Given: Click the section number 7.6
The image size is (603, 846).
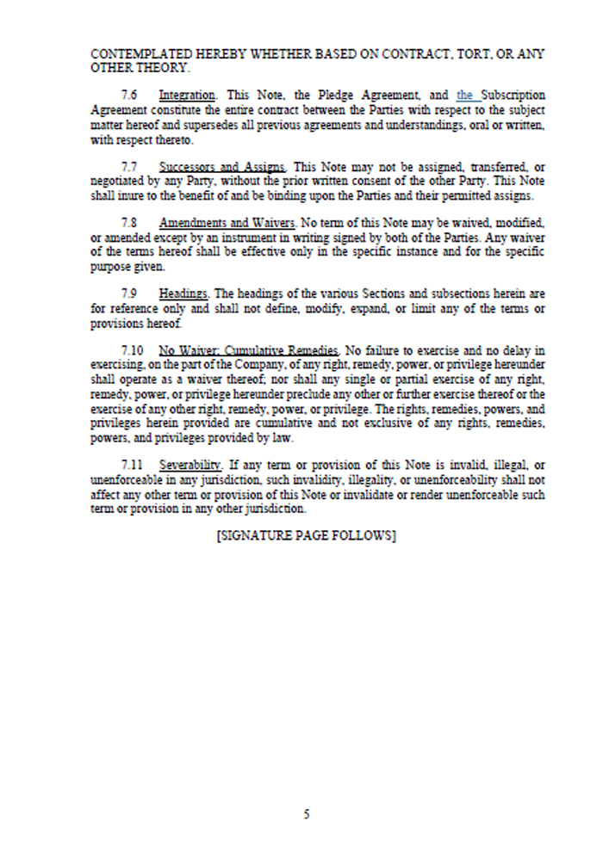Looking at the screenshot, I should pyautogui.click(x=131, y=95).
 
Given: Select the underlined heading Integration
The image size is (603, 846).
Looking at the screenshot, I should pyautogui.click(x=188, y=95).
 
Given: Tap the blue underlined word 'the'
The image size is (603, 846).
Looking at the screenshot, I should pyautogui.click(x=465, y=95).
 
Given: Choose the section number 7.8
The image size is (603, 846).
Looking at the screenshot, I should pyautogui.click(x=131, y=223).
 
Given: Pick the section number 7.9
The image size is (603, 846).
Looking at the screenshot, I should pyautogui.click(x=131, y=293).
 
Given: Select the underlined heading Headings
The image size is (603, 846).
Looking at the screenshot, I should pyautogui.click(x=183, y=293).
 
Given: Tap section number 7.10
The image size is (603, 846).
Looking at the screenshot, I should pyautogui.click(x=134, y=350).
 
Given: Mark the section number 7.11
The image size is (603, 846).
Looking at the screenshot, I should pyautogui.click(x=134, y=466).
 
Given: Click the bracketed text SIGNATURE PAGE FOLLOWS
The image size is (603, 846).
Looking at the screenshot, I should pyautogui.click(x=306, y=535).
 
